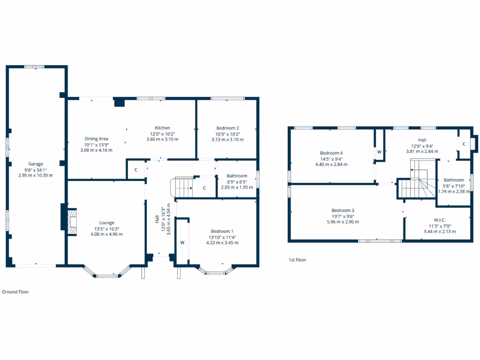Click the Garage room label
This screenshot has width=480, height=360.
pos(36,164)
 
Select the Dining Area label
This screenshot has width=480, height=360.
pos(96,138)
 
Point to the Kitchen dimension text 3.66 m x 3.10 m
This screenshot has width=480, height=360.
pos(162,139)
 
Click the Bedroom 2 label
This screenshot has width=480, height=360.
pos(228,128)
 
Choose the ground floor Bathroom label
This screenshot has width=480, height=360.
pos(237,176)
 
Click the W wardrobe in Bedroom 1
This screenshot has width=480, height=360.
pos(182,242)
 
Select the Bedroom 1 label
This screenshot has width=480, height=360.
pos(222,231)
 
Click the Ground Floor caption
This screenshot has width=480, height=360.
pos(15,292)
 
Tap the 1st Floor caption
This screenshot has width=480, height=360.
pos(297,260)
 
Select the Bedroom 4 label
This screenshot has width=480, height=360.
pos(331,153)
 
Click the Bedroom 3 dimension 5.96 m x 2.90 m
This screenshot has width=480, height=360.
pos(343,222)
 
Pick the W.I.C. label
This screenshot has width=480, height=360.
pos(440,220)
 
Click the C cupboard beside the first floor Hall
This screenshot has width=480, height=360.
pos(464,144)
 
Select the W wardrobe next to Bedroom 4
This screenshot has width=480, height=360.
pos(379,151)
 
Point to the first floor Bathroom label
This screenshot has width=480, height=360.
pos(454,180)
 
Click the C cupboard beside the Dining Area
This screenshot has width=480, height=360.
pos(136,170)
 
